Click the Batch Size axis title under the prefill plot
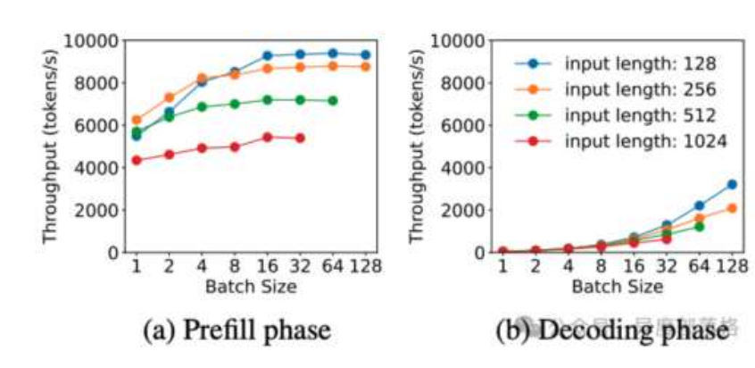(251, 287)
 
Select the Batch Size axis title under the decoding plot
(617, 287)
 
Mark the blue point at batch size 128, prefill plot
(364, 54)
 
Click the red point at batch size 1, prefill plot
(137, 160)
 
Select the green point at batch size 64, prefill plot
(332, 100)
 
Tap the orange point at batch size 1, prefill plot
(137, 120)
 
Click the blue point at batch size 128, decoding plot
(732, 184)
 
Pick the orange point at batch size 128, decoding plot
(732, 207)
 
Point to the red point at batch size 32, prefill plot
(300, 138)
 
